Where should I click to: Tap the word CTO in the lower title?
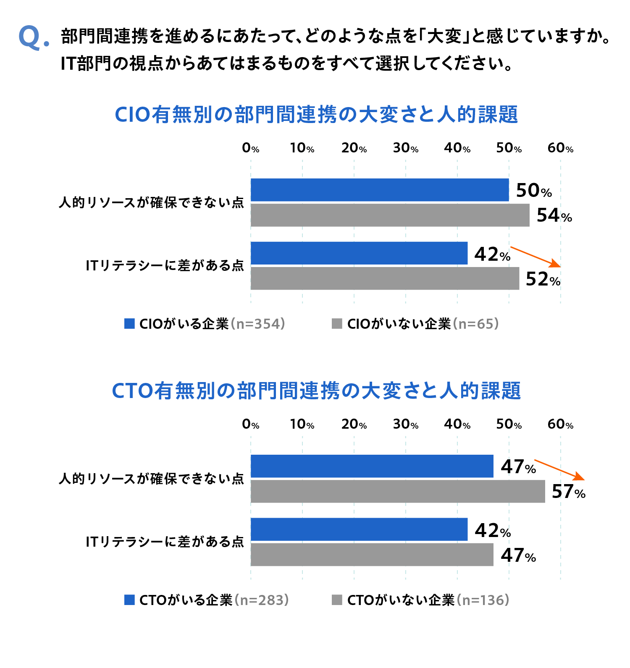[x=132, y=391]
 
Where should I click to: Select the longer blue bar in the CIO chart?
[x=380, y=190]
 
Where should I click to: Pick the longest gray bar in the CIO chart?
[x=390, y=215]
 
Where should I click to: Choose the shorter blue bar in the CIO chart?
[x=359, y=253]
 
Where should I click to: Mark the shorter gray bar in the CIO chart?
[x=385, y=278]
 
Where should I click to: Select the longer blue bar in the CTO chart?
[x=372, y=466]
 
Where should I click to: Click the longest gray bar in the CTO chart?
[x=398, y=491]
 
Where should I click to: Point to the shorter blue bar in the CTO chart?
[x=359, y=529]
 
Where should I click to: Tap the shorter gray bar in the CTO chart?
[x=372, y=555]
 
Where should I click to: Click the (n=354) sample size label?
[x=258, y=324]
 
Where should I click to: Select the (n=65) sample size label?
[x=476, y=324]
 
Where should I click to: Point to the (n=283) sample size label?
[x=262, y=600]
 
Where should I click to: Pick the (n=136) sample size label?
[x=483, y=600]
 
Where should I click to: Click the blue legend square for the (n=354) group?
[x=129, y=324]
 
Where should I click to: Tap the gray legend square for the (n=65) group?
[x=337, y=324]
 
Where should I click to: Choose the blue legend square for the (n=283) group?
[x=129, y=600]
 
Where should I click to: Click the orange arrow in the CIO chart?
[x=535, y=257]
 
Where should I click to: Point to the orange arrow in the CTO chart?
[x=559, y=470]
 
